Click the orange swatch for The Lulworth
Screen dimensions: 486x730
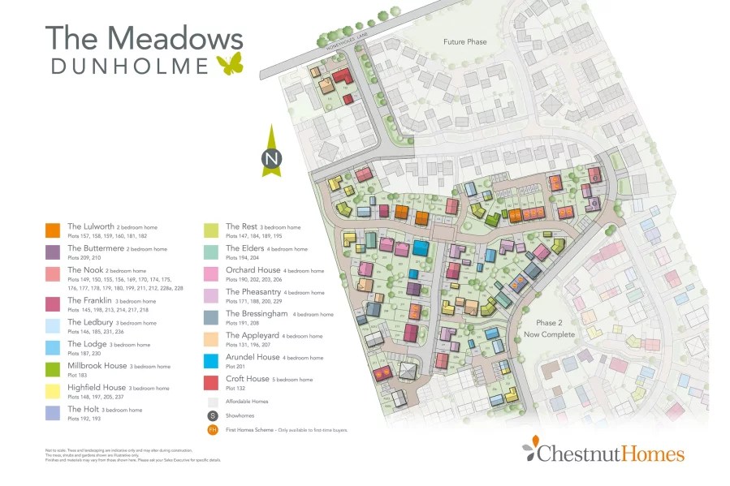[53, 230]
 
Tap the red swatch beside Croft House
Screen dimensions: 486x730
[211, 382]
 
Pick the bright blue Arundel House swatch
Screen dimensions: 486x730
[211, 360]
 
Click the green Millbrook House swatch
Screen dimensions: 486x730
[53, 370]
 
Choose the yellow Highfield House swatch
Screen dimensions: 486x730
[53, 392]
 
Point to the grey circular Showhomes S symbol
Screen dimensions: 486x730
[211, 415]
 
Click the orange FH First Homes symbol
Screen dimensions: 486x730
[211, 430]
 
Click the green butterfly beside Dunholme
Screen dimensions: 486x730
[229, 63]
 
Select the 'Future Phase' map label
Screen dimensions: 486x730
[464, 41]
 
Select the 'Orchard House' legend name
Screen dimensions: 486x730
[253, 270]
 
